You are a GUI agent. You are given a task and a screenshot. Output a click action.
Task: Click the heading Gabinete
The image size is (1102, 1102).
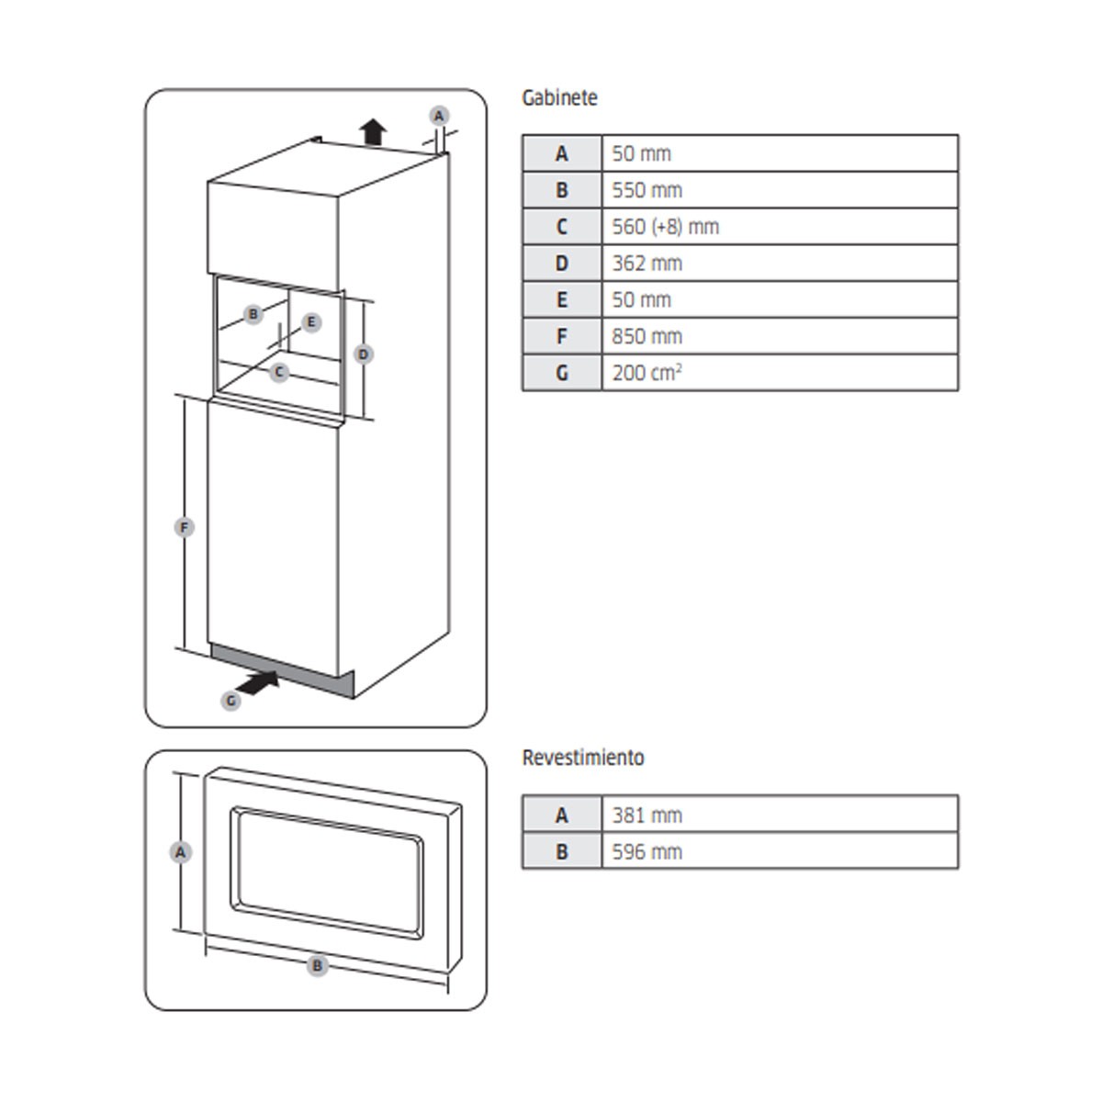click(x=559, y=98)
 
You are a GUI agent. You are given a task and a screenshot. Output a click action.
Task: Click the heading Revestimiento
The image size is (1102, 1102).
click(x=583, y=759)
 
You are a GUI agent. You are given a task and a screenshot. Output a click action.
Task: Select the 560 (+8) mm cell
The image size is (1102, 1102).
click(x=779, y=227)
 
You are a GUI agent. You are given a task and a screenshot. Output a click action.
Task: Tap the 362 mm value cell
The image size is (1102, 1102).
click(x=779, y=264)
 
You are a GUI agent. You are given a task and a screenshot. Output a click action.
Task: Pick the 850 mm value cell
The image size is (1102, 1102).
click(x=779, y=337)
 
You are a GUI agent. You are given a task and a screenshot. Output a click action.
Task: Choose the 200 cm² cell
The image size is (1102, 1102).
click(x=779, y=374)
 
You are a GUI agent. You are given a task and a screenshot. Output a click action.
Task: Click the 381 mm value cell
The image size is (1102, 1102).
click(x=779, y=815)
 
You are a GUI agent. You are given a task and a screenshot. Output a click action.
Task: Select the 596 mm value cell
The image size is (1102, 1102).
click(x=779, y=851)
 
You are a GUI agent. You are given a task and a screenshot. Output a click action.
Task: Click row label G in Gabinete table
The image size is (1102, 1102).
click(x=562, y=374)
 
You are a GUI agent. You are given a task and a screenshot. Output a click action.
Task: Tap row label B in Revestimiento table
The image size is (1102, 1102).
click(x=562, y=851)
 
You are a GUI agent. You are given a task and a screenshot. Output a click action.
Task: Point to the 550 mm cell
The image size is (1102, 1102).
click(x=779, y=190)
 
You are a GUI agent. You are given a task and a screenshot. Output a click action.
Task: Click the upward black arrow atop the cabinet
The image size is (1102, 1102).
click(x=372, y=132)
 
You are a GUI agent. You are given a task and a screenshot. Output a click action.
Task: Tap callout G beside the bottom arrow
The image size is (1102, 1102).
click(x=231, y=701)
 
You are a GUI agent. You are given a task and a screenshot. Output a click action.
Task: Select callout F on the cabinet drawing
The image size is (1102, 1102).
click(x=185, y=527)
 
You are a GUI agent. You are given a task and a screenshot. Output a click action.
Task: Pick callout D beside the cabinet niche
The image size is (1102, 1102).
click(x=364, y=354)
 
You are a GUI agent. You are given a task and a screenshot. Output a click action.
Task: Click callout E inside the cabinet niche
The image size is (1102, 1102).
click(x=312, y=322)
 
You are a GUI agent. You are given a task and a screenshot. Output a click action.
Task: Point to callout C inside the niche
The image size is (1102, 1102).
click(x=279, y=372)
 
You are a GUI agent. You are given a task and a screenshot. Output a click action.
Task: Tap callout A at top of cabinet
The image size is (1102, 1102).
click(x=439, y=116)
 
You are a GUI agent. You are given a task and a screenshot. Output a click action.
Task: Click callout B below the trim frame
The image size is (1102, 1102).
click(x=318, y=965)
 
